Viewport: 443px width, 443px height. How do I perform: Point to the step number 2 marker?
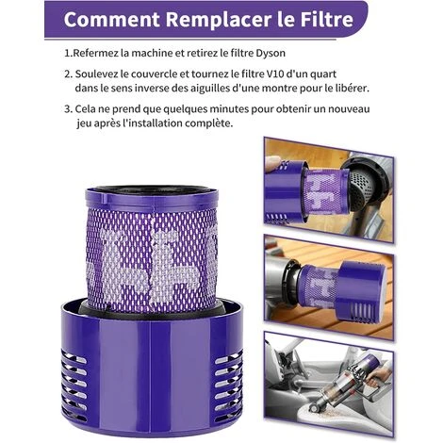(x=68, y=74)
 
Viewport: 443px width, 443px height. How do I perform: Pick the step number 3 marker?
(x=68, y=109)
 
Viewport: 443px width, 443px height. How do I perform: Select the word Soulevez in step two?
(x=105, y=74)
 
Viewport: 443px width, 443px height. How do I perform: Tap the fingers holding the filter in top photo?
(x=276, y=166)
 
